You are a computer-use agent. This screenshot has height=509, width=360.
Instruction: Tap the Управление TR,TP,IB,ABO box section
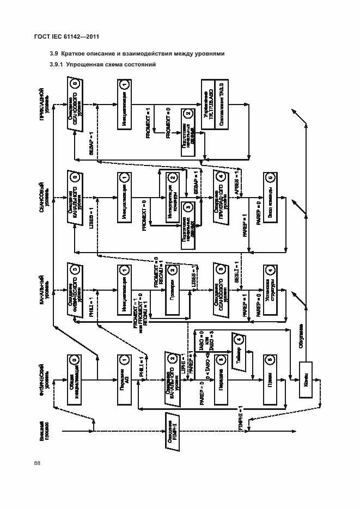click(207, 101)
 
